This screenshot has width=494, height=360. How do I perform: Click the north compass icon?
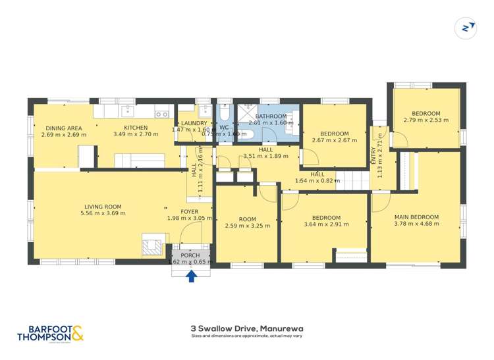click(x=466, y=27)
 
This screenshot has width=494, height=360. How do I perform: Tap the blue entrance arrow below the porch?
click(x=191, y=276)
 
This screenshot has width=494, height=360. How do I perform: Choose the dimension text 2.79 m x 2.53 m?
click(x=425, y=120)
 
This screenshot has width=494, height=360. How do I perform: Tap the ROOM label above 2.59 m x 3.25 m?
click(x=247, y=219)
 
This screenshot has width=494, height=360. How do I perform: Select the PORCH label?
click(x=190, y=255)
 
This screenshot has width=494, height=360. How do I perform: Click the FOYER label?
click(x=190, y=211)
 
